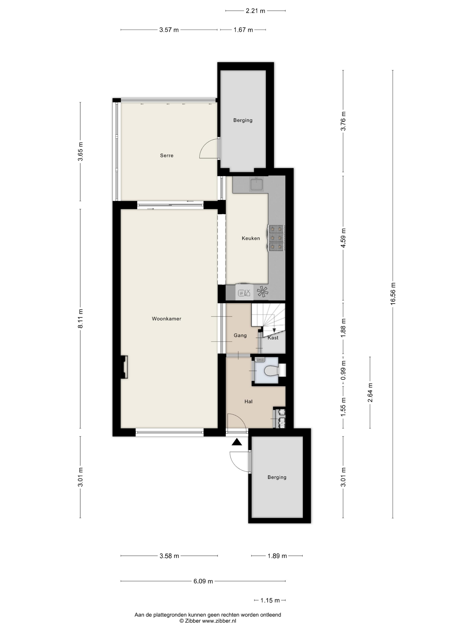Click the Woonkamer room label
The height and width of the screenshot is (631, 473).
[166, 319]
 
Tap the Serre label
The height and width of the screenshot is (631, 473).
[166, 155]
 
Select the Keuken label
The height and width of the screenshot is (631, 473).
[251, 238]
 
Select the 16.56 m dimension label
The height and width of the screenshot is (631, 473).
[393, 294]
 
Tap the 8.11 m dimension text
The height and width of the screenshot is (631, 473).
[80, 318]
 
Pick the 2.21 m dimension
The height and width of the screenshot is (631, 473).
[255, 11]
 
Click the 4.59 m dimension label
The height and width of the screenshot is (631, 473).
[343, 238]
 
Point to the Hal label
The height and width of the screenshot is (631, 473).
[248, 401]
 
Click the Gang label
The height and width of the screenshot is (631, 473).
[240, 335]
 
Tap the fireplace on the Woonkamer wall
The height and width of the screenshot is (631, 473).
[124, 367]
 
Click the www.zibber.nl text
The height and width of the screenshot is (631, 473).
[219, 621]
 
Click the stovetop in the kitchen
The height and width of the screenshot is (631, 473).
[276, 238]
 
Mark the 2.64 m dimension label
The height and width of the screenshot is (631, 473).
[370, 392]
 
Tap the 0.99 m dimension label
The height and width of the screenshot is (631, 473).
[343, 370]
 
